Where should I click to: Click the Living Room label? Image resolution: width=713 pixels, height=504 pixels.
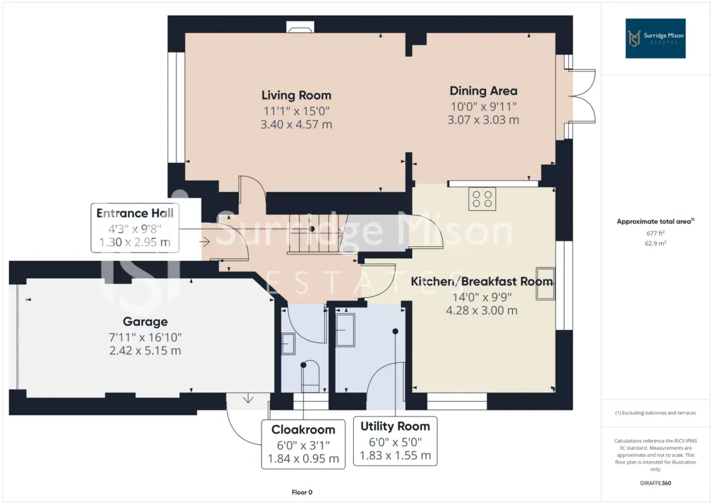pos(296,96)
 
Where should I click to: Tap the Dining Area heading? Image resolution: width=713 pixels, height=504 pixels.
pos(483,91)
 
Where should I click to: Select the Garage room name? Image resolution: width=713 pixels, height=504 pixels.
pos(145,322)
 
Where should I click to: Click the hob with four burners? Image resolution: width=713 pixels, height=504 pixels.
pos(482,199)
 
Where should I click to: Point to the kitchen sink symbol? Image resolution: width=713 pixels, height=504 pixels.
pos(545,283)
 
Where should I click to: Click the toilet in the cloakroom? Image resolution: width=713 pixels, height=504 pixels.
pos(310,376)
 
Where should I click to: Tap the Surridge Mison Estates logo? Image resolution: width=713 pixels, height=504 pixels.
pos(655,38)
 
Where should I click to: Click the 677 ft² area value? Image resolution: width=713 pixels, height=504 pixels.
pos(655,233)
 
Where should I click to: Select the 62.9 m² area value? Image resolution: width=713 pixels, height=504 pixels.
pos(655,243)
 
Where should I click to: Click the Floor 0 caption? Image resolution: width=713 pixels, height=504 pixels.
pos(302,492)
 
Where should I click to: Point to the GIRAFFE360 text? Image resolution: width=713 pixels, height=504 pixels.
pos(655,483)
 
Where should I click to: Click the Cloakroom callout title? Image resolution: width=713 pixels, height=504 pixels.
pos(304,430)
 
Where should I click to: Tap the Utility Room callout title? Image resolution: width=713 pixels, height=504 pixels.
pos(395,427)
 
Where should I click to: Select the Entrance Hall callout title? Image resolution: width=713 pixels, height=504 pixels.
pos(135,214)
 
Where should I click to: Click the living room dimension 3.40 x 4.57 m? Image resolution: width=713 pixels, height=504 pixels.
pos(296,125)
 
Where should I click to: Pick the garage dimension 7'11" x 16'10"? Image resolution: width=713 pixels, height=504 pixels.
pos(145,338)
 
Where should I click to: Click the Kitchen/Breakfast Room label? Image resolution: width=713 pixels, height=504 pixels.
pos(482,282)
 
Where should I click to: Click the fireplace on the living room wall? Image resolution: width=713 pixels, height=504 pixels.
pos(300,27)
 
